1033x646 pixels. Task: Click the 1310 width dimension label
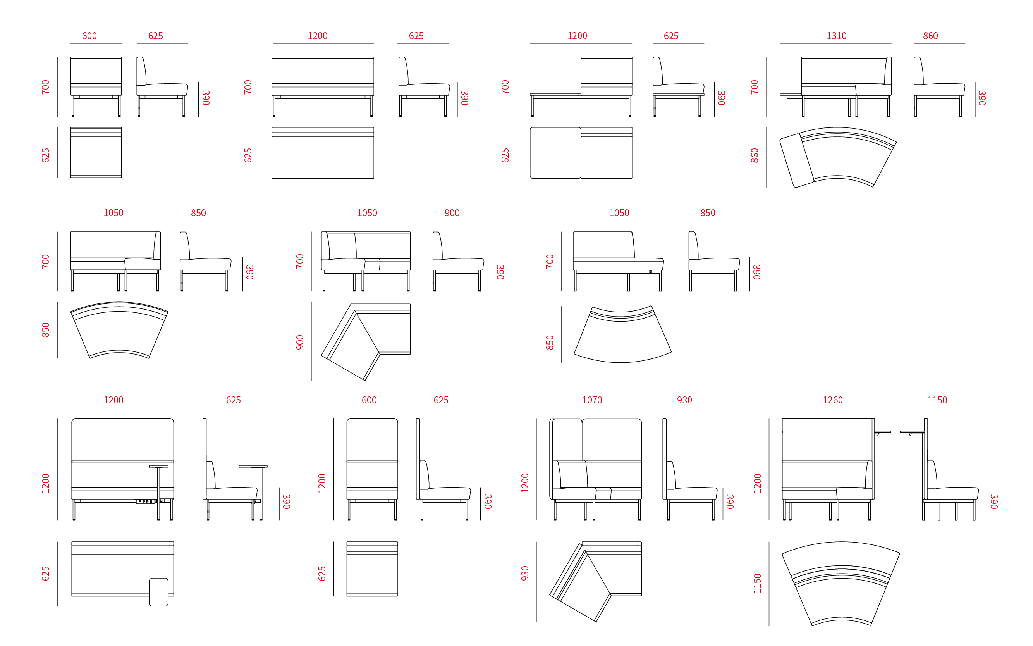836,36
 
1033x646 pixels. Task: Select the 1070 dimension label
592,400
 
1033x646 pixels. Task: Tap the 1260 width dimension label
832,400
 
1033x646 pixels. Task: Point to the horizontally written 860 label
930,36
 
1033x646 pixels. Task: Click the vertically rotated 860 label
755,155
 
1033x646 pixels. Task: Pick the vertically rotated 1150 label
757,583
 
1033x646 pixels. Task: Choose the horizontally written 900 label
452,213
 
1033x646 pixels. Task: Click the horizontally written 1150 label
937,400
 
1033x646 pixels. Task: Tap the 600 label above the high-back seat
369,400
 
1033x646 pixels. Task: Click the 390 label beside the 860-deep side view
982,98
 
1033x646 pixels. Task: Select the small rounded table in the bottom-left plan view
158,592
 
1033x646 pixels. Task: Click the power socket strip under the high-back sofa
146,501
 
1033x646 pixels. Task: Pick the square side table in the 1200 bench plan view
555,153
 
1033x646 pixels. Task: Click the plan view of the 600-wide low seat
96,153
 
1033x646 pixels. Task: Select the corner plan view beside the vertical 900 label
366,342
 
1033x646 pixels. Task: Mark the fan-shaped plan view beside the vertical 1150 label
841,584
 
